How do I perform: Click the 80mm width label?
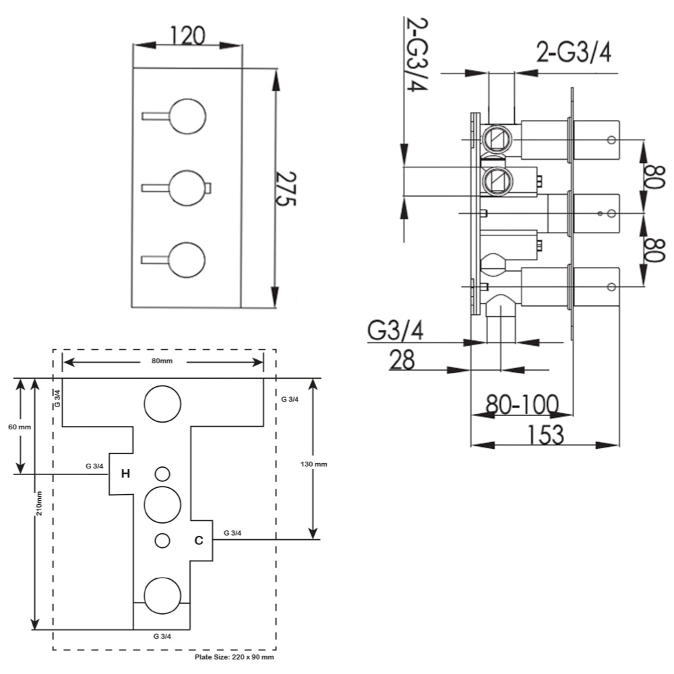pyautogui.click(x=162, y=361)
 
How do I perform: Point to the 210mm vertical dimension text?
pyautogui.click(x=40, y=503)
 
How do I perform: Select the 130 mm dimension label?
pyautogui.click(x=313, y=464)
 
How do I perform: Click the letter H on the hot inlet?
pyautogui.click(x=125, y=474)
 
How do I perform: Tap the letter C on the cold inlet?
pyautogui.click(x=199, y=540)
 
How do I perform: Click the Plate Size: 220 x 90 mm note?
pyautogui.click(x=233, y=656)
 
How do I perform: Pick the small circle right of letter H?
pyautogui.click(x=162, y=473)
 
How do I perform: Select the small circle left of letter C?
pyautogui.click(x=162, y=540)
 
